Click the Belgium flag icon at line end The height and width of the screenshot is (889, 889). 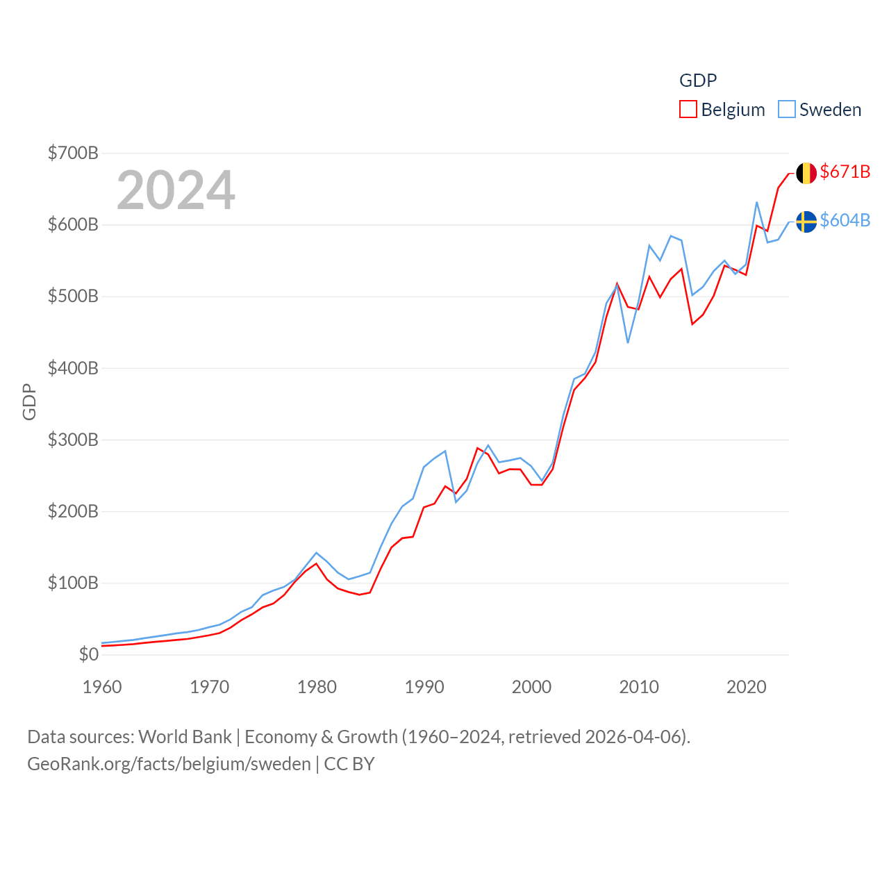(806, 173)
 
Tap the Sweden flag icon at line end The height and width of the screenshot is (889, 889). (806, 222)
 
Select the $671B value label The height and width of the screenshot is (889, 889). (845, 172)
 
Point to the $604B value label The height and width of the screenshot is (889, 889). (845, 220)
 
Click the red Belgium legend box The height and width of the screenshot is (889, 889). (688, 110)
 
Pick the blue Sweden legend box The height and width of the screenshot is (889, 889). (786, 110)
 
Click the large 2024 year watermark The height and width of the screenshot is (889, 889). (176, 190)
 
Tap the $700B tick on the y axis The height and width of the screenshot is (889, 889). (73, 153)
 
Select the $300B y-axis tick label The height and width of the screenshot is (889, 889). (73, 440)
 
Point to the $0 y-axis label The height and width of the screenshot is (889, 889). (89, 654)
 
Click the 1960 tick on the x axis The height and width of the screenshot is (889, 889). (102, 687)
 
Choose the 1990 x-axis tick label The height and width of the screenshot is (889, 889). (424, 687)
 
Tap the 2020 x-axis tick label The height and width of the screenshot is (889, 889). (746, 687)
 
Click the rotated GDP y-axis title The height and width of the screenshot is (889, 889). (29, 401)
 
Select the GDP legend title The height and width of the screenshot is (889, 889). (697, 81)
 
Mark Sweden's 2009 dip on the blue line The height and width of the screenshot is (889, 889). (628, 342)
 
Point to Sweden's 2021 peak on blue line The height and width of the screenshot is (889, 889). (756, 203)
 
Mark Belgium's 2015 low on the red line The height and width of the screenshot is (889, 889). (692, 324)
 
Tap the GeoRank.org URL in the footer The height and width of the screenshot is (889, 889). (169, 764)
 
